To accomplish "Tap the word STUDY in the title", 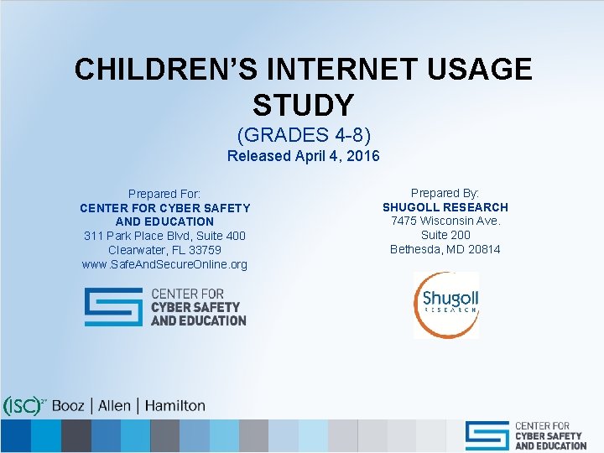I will click(303, 106).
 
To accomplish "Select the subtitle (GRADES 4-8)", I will click(303, 134).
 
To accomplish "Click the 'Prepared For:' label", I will click(164, 194).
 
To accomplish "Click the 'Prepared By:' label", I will click(445, 193).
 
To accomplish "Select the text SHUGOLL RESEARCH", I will click(445, 207).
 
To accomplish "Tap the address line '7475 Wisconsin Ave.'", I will click(445, 221).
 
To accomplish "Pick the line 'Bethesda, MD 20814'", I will click(445, 249).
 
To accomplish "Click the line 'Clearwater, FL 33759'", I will click(164, 250).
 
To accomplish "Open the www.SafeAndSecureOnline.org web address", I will click(164, 264).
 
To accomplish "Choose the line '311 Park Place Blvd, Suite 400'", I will click(164, 236).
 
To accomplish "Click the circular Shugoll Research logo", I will click(445, 305).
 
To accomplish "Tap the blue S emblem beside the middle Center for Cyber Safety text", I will click(113, 307).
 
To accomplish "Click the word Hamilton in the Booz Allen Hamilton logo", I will click(174, 406).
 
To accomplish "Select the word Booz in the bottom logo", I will click(68, 406).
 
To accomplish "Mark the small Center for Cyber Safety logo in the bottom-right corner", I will click(526, 435).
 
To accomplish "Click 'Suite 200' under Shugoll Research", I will click(445, 236).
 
